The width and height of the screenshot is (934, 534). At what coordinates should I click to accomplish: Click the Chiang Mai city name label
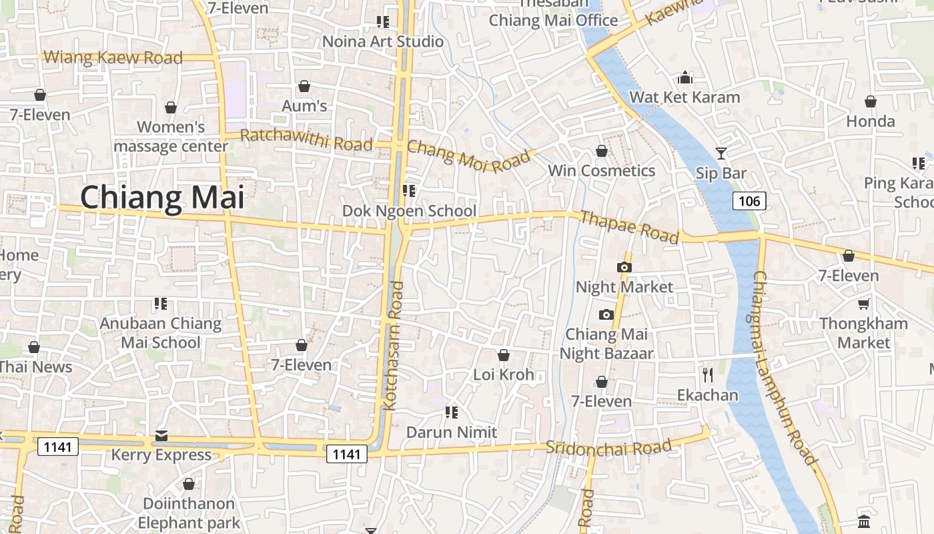[x=162, y=198]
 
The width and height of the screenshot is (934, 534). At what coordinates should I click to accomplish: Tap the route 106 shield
[x=749, y=201]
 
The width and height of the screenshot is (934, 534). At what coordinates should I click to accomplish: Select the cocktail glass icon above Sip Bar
[x=721, y=154]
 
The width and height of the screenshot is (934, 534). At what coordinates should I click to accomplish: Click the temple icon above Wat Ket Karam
[x=685, y=78]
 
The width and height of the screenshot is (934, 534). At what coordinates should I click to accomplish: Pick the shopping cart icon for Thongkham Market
[x=864, y=304]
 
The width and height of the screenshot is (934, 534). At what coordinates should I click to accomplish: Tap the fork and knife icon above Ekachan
[x=708, y=375]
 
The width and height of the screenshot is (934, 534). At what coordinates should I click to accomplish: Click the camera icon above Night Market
[x=624, y=267]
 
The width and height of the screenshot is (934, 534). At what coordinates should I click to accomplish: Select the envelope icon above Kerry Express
[x=161, y=436]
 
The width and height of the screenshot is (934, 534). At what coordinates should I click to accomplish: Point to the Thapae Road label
[x=629, y=227]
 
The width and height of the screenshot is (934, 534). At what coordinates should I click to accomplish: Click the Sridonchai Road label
[x=608, y=447]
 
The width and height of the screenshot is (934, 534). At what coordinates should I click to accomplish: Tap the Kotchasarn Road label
[x=394, y=345]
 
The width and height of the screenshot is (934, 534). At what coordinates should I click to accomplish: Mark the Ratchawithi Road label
[x=306, y=140]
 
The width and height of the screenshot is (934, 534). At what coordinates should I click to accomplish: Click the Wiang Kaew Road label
[x=113, y=57]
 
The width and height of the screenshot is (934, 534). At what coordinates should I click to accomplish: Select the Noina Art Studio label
[x=383, y=41]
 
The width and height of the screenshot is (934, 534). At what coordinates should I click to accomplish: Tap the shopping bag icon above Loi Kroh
[x=504, y=356]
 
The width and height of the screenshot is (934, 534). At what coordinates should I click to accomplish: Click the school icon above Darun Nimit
[x=452, y=413]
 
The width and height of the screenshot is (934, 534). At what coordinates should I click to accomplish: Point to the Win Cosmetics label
[x=601, y=171]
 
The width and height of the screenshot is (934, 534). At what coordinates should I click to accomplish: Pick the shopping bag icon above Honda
[x=871, y=101]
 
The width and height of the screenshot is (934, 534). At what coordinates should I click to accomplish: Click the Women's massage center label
[x=171, y=136]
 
